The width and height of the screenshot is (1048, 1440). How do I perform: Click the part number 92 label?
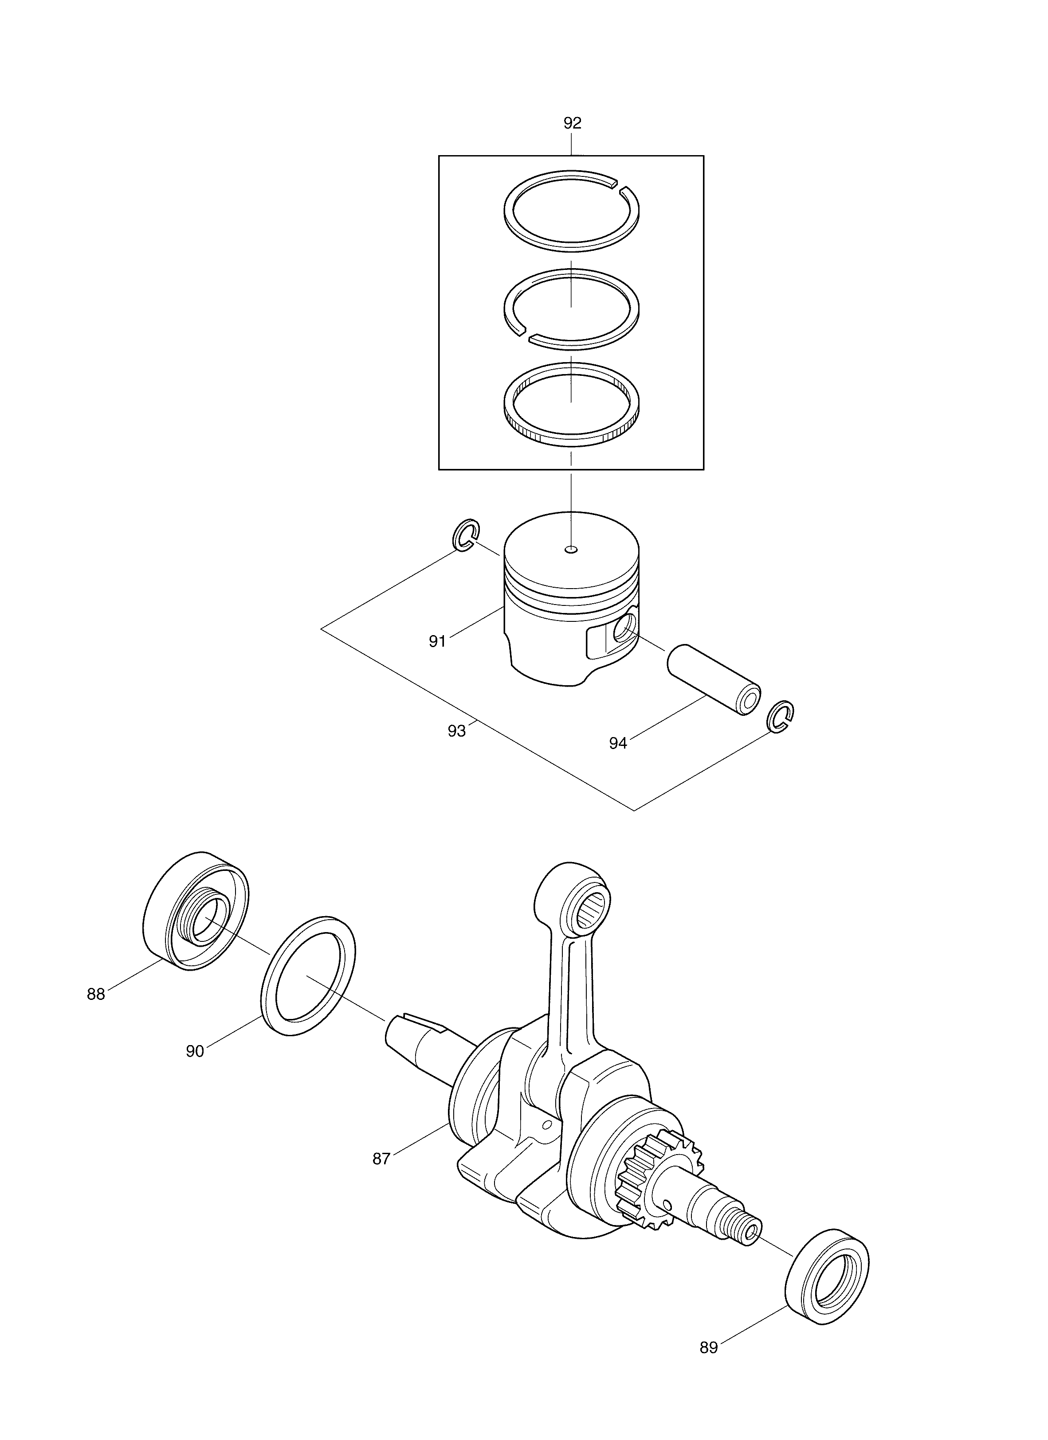click(572, 123)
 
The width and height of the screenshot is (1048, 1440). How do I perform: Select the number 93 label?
click(457, 731)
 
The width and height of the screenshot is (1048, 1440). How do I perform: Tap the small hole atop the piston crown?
click(572, 549)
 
